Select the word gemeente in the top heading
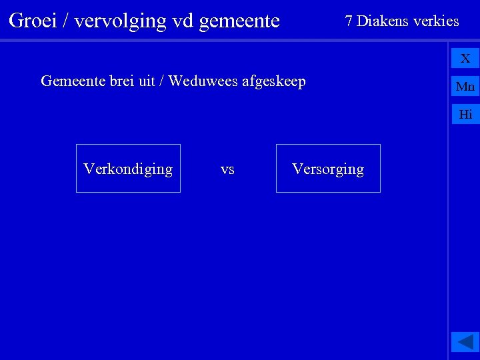tap(239, 21)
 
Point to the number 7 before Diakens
tap(349, 21)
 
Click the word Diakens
tap(383, 21)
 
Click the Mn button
tap(465, 87)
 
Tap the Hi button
tap(465, 115)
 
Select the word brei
tap(121, 81)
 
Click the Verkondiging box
tap(128, 169)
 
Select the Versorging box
tap(328, 169)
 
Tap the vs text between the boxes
tap(227, 169)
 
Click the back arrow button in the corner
tap(465, 342)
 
